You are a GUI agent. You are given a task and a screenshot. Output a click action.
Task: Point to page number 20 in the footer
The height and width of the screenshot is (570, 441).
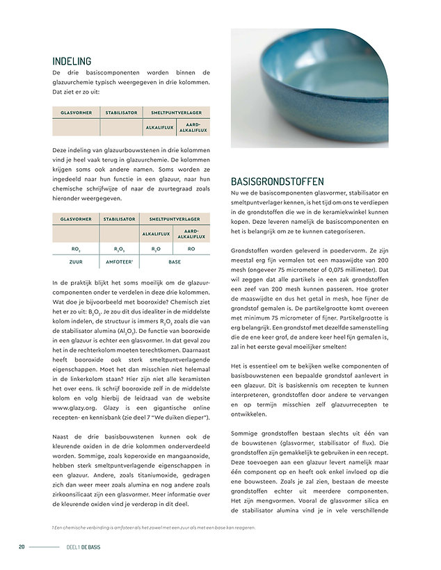pos(22,547)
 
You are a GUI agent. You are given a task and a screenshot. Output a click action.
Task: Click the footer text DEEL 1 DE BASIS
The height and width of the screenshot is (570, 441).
pos(83,547)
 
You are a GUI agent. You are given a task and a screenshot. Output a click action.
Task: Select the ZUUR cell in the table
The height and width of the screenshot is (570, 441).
pos(76,263)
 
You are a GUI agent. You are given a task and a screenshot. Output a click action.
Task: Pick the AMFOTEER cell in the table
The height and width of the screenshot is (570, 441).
pos(120,263)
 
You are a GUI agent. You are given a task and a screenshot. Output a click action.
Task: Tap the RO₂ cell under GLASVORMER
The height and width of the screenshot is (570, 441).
pos(76,247)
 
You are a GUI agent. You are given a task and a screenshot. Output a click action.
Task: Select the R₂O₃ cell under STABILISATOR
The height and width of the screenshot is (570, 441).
pos(120,247)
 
